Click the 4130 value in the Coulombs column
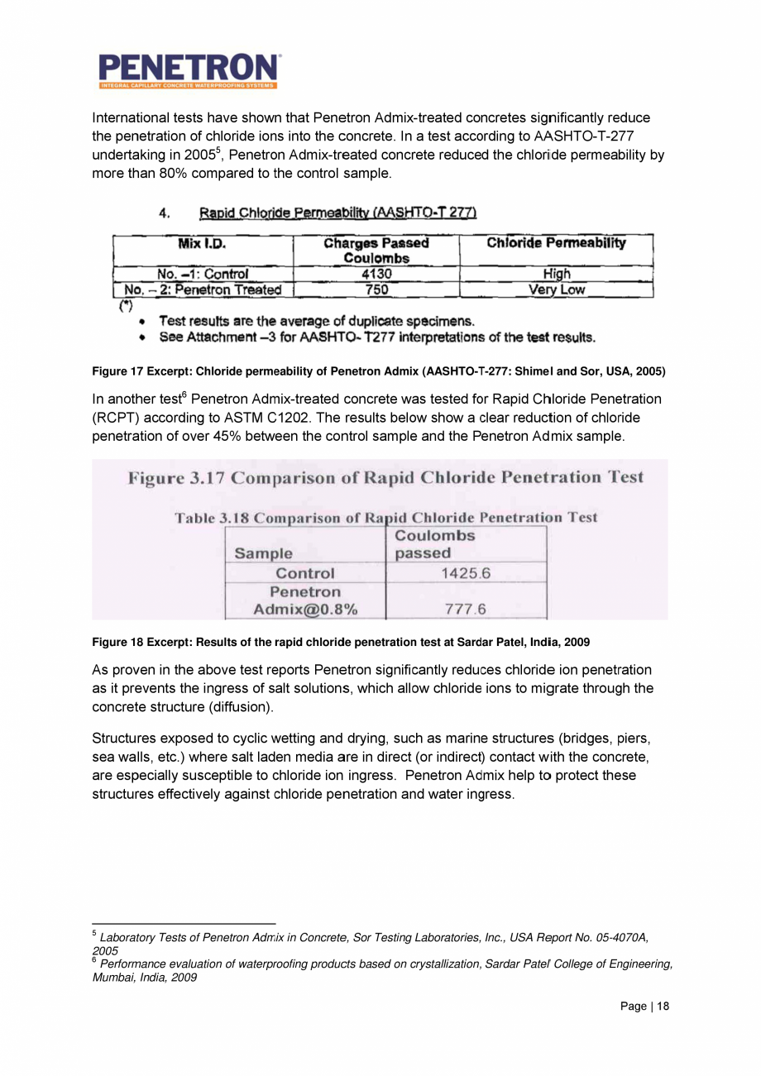(376, 274)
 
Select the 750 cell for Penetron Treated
(376, 289)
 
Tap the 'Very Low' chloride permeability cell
(556, 289)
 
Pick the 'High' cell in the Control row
(556, 274)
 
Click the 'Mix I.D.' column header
(203, 244)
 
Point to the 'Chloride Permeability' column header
(556, 243)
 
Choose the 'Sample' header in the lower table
(264, 552)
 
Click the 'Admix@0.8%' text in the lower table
(305, 610)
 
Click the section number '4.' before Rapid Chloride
(165, 214)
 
